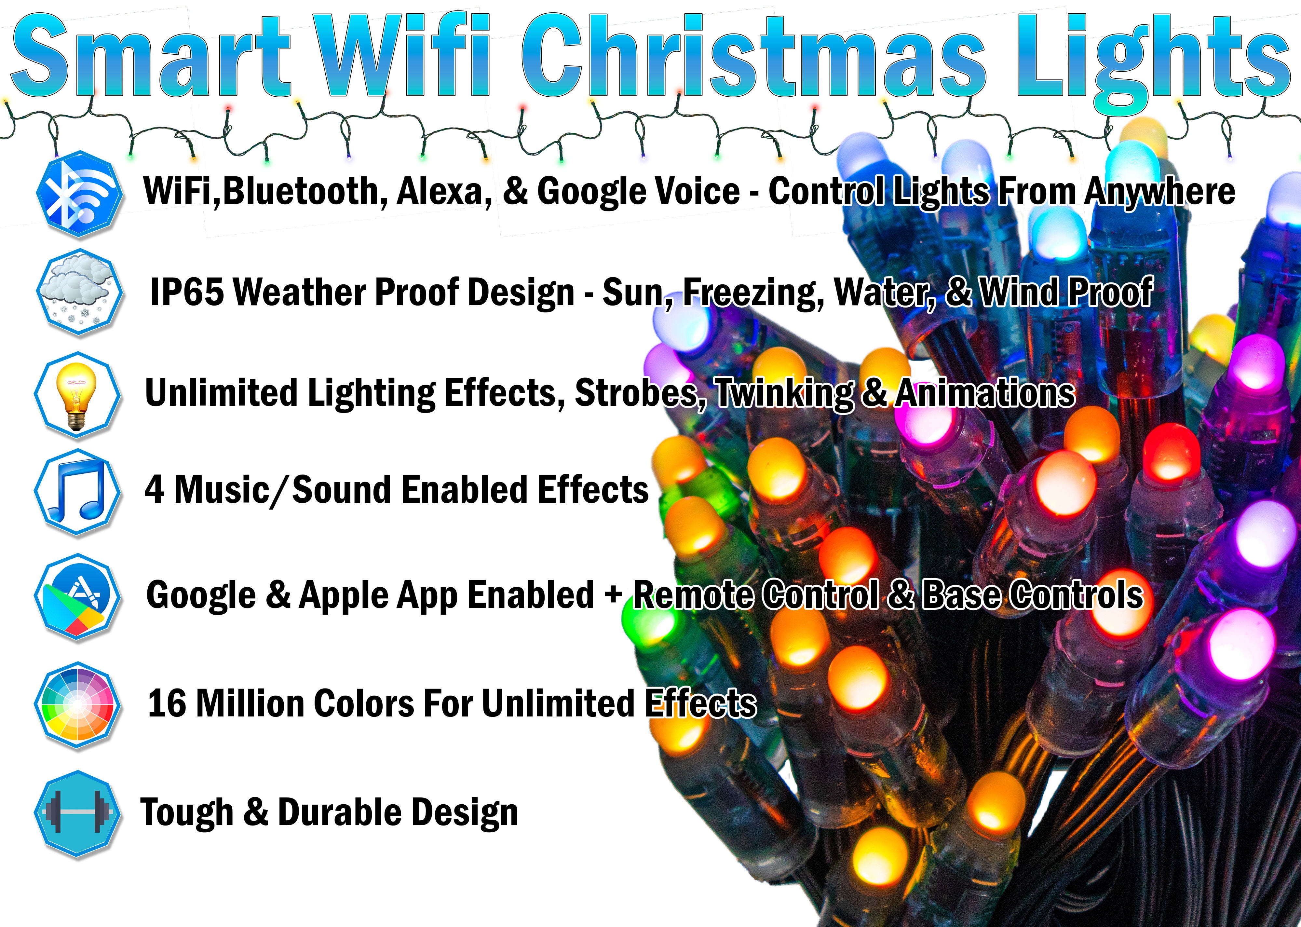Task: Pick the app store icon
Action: (x=78, y=596)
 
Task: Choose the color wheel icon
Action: (x=78, y=705)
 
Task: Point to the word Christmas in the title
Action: (x=753, y=57)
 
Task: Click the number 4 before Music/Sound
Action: (x=154, y=490)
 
